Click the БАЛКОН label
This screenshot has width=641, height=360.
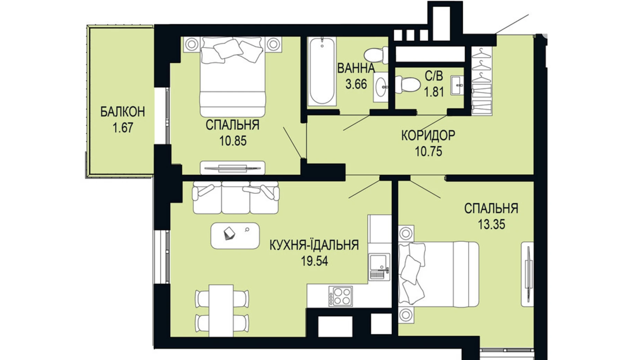pos(122,112)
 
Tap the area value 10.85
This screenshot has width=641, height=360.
pos(232,141)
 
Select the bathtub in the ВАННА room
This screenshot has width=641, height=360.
pos(322,71)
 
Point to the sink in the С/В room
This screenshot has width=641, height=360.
pos(457,85)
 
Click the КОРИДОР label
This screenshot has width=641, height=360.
pos(428,135)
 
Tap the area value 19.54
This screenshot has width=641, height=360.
pos(314,261)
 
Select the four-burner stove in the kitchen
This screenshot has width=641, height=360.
pos(340,296)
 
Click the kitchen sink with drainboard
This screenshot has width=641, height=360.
pos(379,266)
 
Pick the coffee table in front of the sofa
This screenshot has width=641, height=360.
pos(235,235)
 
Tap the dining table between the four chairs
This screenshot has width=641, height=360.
pos(221,310)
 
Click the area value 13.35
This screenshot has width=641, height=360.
pos(491,224)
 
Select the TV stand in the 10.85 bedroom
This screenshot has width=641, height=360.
pos(232,168)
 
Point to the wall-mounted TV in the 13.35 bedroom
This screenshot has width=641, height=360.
pos(528,274)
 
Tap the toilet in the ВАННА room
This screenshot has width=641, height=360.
pos(375,55)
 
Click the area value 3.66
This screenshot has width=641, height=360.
pos(356,84)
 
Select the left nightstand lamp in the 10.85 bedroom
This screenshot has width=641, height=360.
pos(192,44)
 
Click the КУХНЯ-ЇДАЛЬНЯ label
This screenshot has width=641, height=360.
pos(314,245)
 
